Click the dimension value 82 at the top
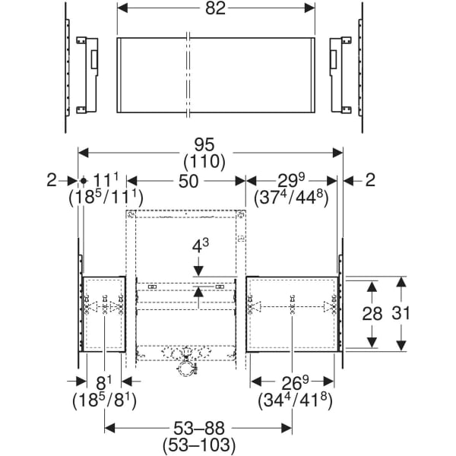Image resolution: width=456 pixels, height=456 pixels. click(214, 8)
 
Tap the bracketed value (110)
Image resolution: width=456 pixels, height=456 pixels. click(211, 161)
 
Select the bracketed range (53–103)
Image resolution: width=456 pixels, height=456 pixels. click(198, 445)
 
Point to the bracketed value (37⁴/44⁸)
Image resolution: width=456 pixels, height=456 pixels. click(291, 198)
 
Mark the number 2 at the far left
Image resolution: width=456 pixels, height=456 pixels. click(51, 180)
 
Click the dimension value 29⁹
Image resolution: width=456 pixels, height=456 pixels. click(291, 181)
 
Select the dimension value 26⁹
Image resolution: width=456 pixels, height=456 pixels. click(292, 380)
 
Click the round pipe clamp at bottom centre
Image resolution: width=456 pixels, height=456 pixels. click(184, 369)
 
